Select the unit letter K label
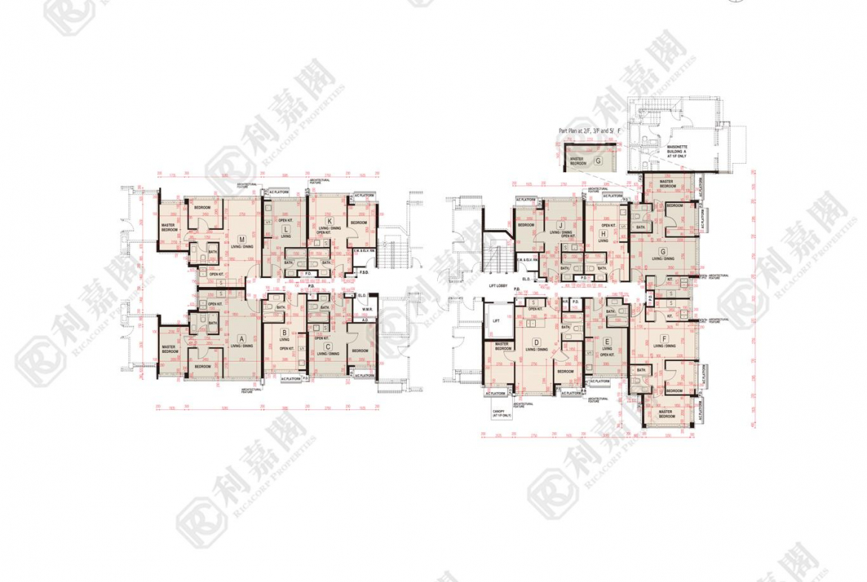point(330,221)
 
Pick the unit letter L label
point(285,230)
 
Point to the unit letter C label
point(328,345)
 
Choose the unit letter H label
point(604,233)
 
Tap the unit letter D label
point(535,342)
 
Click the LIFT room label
point(496,322)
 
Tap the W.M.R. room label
point(367,309)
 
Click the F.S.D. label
point(365,273)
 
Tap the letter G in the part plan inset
point(597,159)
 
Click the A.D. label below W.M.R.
point(366,320)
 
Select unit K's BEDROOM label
point(359,222)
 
